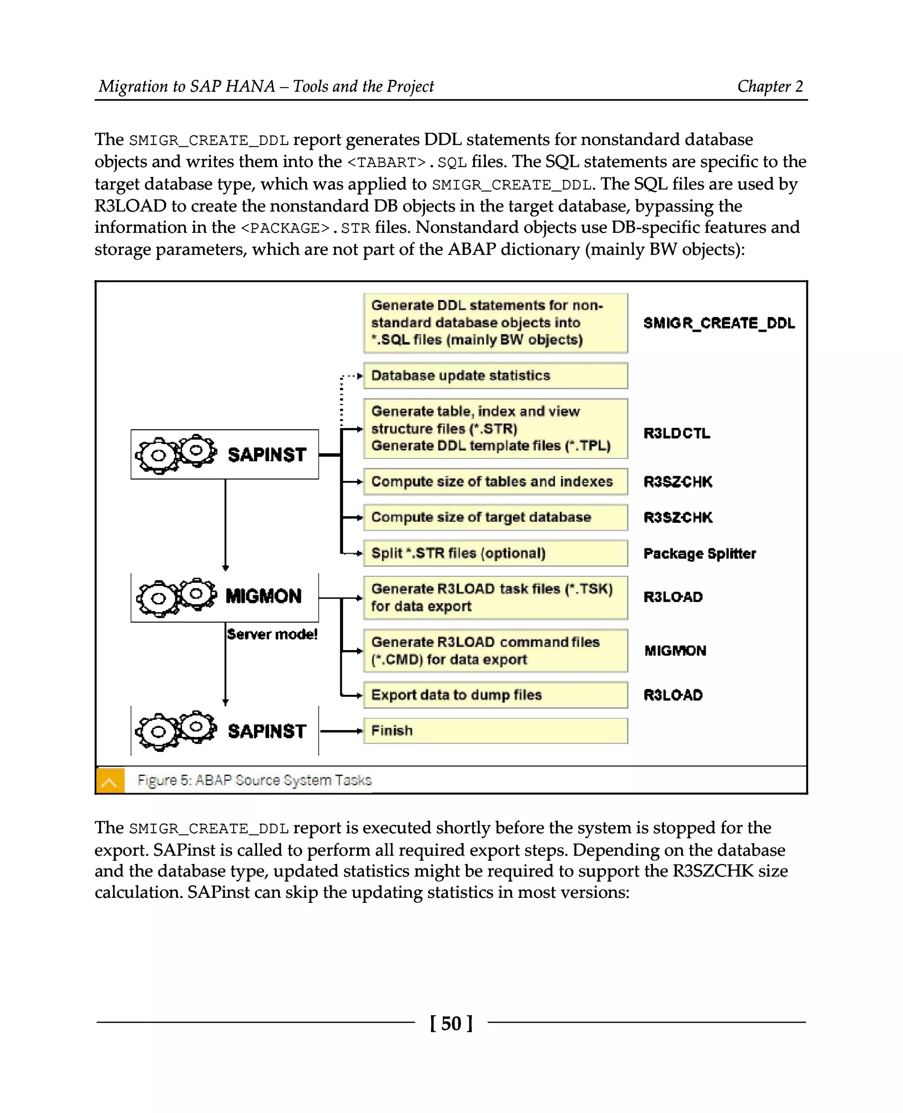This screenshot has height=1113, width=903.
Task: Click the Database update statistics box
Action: tap(495, 376)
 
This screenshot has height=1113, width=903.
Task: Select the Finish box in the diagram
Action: tap(495, 731)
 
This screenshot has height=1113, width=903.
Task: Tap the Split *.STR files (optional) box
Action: tap(495, 553)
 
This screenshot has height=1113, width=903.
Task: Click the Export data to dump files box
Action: tap(495, 695)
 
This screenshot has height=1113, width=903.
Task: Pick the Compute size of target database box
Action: tap(495, 517)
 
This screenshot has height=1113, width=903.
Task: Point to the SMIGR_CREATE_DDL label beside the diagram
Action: tap(719, 324)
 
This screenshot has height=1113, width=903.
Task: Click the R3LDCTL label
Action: tap(676, 433)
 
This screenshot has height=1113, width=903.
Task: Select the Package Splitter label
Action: tap(699, 553)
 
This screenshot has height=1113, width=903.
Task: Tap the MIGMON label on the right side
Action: tap(675, 651)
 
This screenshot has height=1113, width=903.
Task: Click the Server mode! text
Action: tap(272, 634)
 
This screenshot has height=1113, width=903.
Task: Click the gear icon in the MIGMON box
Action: tap(176, 596)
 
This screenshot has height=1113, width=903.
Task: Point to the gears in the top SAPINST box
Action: tap(176, 454)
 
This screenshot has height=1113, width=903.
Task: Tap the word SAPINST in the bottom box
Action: tap(267, 731)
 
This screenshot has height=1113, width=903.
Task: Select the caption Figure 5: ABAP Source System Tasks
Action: tap(254, 780)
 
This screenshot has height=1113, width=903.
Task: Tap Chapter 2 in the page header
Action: tap(770, 86)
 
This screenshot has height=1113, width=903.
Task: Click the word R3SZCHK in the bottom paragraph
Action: tap(713, 871)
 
